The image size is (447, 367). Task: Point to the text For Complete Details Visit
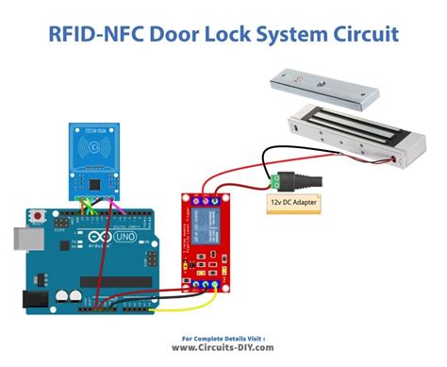(x=224, y=336)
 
